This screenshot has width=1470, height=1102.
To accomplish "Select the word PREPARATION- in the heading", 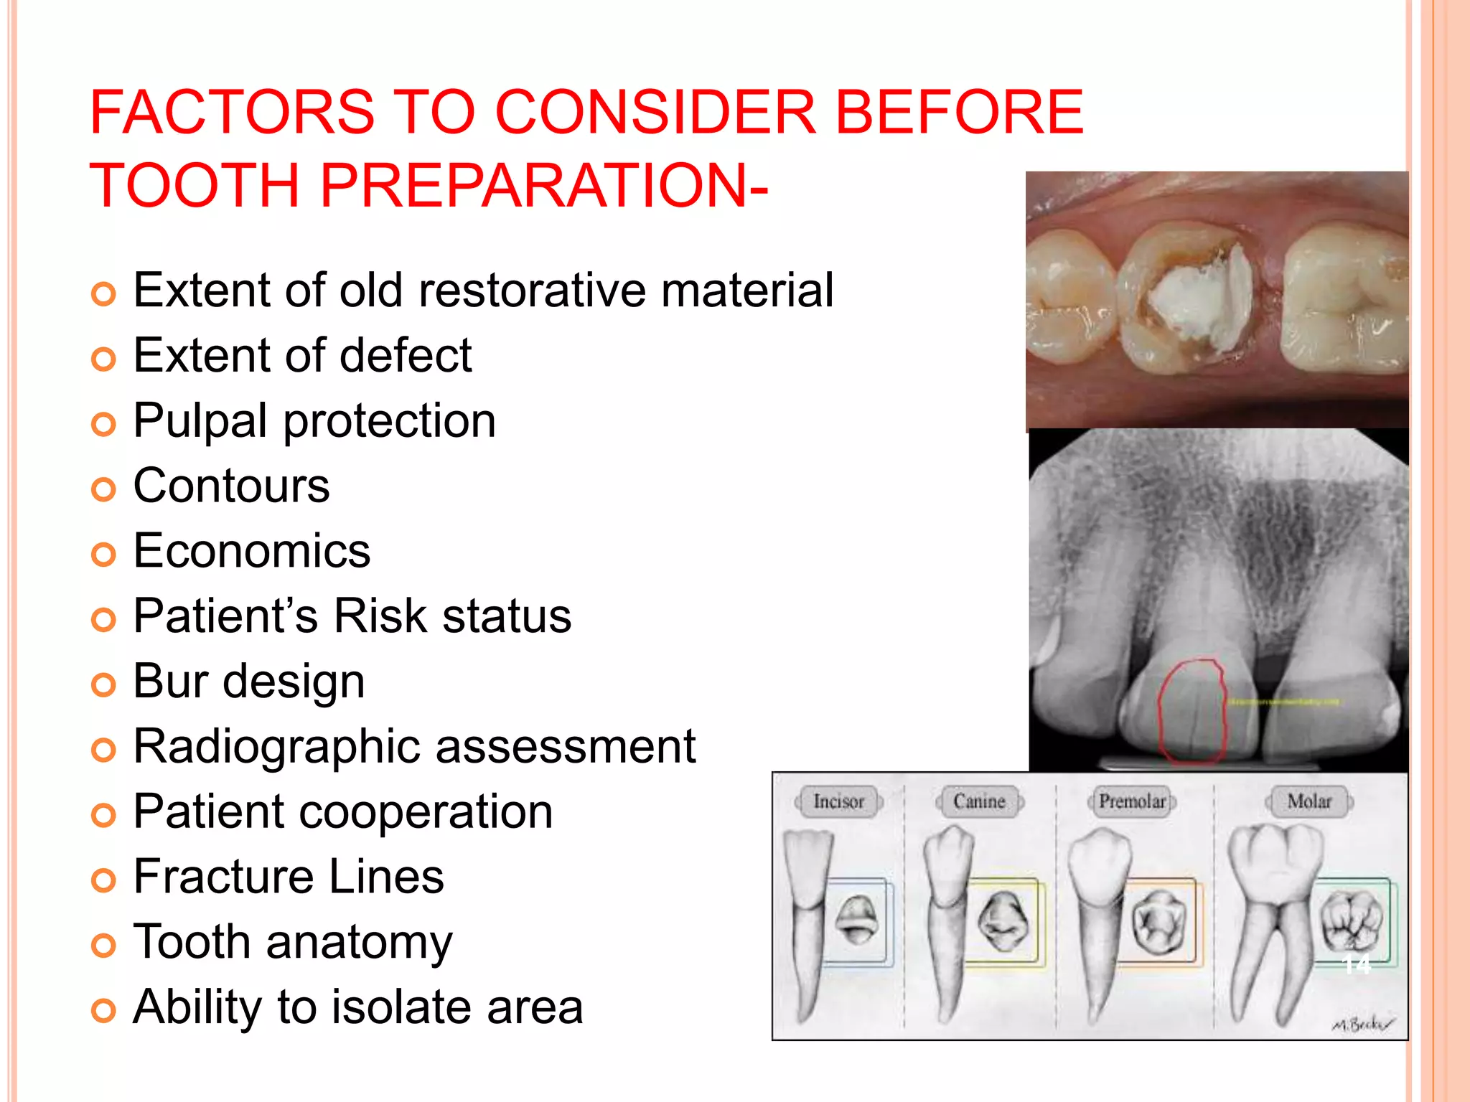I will tap(543, 186).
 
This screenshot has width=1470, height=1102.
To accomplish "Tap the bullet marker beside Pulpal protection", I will tap(103, 425).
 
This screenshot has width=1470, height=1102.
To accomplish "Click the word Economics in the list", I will tap(252, 551).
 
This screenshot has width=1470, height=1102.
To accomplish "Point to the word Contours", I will tap(231, 486).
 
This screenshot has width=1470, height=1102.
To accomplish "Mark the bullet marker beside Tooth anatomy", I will tap(103, 946).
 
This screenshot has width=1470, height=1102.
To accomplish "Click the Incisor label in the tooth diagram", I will tap(838, 801).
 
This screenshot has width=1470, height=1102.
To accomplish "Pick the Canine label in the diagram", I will tap(979, 801).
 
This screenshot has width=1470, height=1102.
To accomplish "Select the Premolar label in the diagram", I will tap(1132, 801).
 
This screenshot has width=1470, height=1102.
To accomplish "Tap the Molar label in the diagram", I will tap(1309, 801).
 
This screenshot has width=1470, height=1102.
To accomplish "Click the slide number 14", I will tap(1356, 965).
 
